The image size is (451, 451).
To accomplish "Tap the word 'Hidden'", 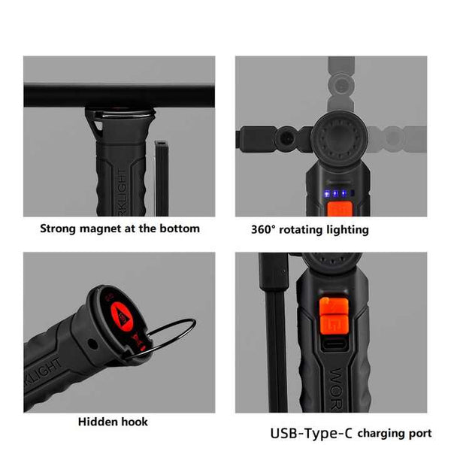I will point(98,422).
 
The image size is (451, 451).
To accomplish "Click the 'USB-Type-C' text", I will point(311,434).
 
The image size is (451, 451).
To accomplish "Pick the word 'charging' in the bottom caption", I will point(383,434).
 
